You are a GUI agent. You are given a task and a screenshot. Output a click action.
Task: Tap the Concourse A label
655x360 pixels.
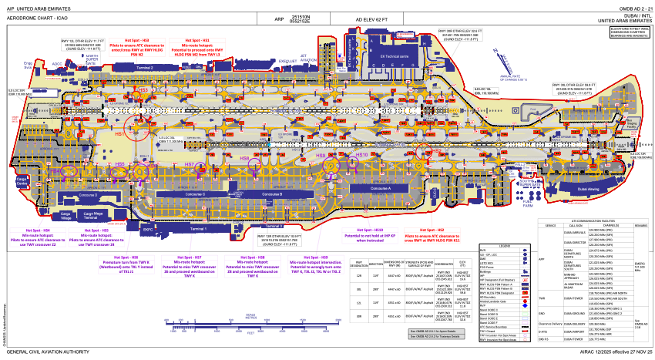(x=379, y=188)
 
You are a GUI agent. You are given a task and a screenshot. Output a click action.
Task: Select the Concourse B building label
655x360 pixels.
(x=271, y=194)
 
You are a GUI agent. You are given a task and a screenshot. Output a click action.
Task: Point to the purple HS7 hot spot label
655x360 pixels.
(x=190, y=165)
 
